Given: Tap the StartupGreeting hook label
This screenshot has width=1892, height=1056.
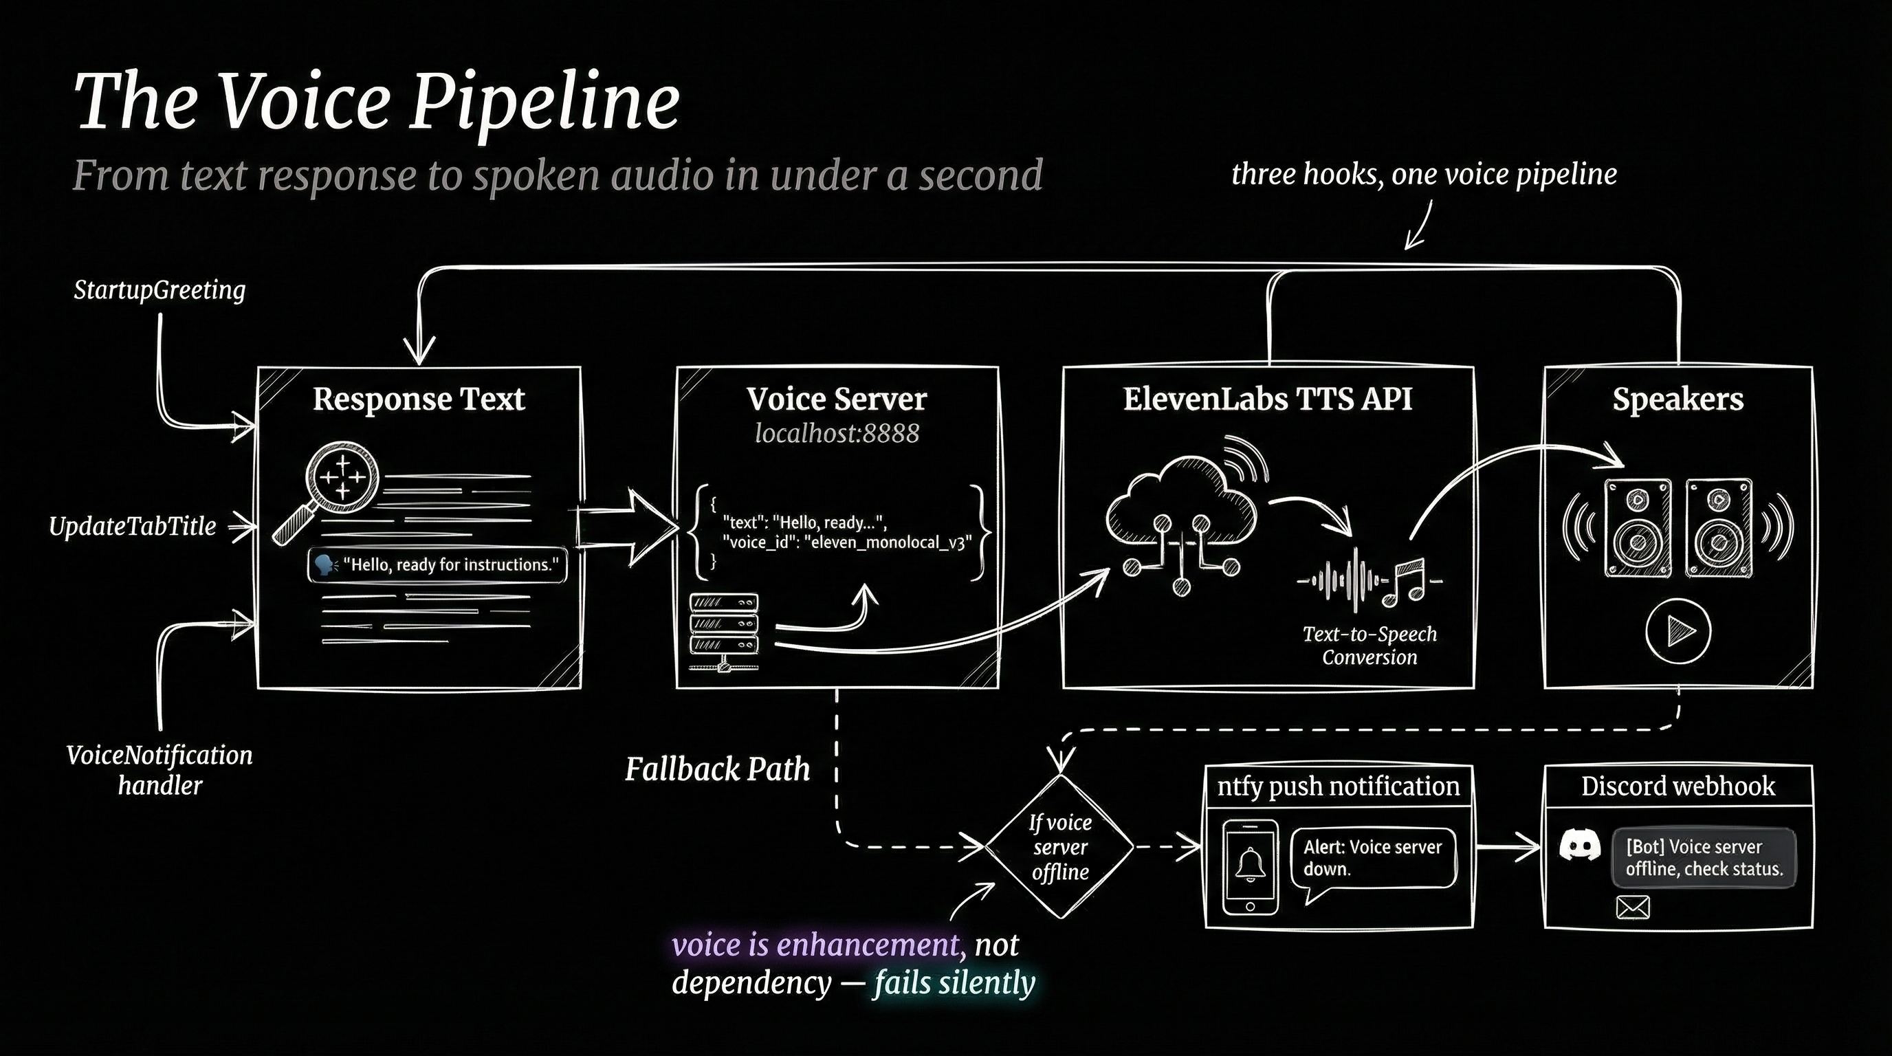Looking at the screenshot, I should [x=159, y=290].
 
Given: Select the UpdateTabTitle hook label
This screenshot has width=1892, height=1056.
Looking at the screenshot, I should [x=132, y=527].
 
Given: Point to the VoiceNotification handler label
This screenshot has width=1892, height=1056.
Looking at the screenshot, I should [x=159, y=769].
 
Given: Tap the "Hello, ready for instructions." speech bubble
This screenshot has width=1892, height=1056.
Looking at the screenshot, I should [x=437, y=564].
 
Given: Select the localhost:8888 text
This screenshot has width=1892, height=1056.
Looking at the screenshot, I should [x=837, y=433].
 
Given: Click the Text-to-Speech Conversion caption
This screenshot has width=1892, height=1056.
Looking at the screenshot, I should [x=1369, y=645].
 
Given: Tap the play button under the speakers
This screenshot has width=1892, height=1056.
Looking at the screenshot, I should [x=1677, y=631].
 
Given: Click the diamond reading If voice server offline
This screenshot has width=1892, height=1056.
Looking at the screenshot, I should [x=1059, y=847].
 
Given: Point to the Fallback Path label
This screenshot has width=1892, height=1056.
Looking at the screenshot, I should [x=717, y=769].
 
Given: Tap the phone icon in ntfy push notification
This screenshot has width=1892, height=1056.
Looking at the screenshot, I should [x=1250, y=866].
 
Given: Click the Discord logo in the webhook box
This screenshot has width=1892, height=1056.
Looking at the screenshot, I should [x=1579, y=846].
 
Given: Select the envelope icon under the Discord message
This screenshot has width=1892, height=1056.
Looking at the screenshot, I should [x=1633, y=907].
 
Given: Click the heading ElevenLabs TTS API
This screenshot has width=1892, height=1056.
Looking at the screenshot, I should [x=1267, y=399].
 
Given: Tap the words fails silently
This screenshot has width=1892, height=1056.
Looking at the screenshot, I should [x=954, y=982].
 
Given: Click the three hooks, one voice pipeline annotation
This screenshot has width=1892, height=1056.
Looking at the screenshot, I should [x=1423, y=175].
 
